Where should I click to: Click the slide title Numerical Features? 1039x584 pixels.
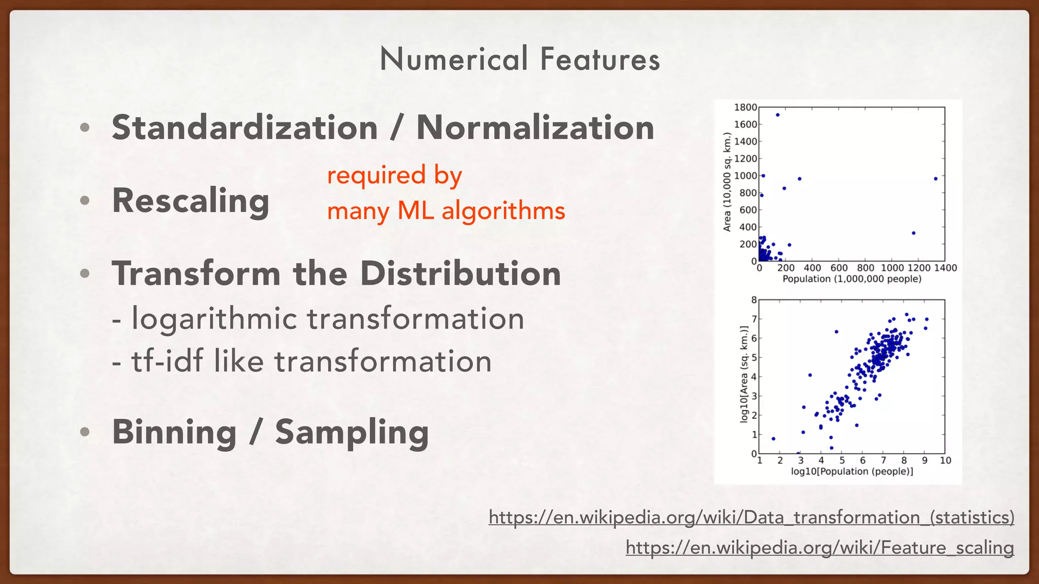coord(519,59)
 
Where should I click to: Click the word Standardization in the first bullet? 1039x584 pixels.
coord(245,128)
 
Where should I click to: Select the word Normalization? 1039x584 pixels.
coord(535,128)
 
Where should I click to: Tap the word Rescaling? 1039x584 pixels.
coord(190,201)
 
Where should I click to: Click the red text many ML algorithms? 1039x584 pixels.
coord(445,211)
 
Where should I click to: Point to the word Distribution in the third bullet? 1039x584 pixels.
coord(460,274)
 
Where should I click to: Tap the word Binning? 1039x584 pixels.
coord(174,432)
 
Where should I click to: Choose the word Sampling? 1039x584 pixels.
coord(352,432)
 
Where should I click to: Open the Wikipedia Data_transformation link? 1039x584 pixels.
coord(751,518)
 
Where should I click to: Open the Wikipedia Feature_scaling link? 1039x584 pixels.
coord(819,548)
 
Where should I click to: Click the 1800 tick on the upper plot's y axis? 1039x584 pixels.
coord(745,107)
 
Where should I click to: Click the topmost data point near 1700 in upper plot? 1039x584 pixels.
coord(778,115)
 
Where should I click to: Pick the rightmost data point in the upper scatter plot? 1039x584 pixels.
coord(936,179)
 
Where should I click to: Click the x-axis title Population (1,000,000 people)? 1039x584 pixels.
coord(852,279)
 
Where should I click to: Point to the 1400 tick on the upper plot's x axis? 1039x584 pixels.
coord(945,268)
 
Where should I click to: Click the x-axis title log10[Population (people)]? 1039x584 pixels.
coord(852,472)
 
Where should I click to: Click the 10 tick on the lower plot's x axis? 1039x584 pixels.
coord(946,461)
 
